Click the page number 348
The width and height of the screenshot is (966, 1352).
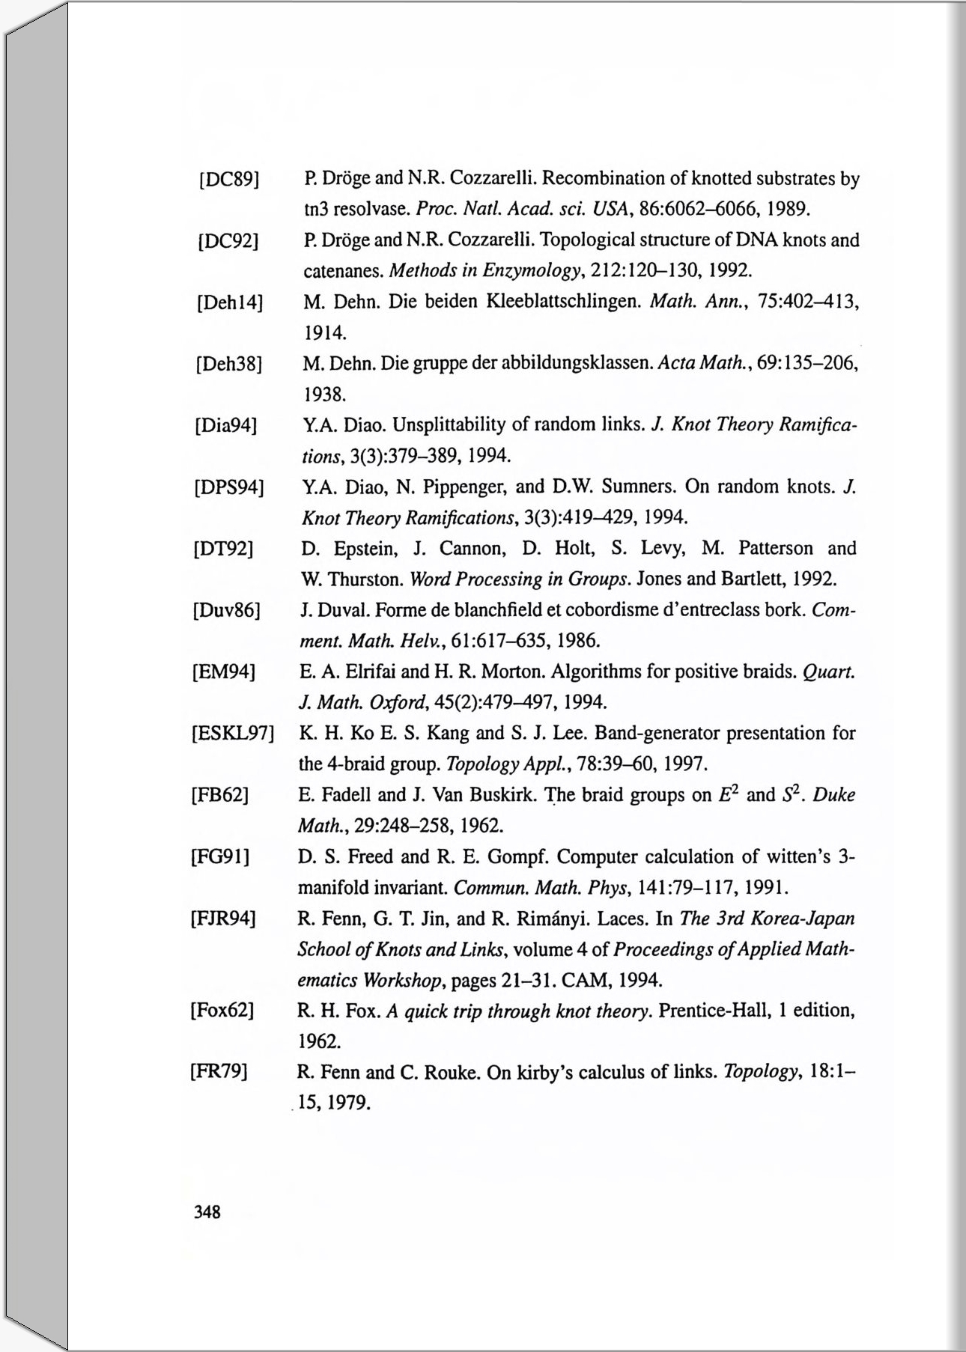click(x=207, y=1211)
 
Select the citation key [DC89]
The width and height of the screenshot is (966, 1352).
click(x=228, y=180)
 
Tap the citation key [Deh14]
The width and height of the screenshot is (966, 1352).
click(x=229, y=303)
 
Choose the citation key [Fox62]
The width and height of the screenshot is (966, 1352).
click(x=222, y=1011)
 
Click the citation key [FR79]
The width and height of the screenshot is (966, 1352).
click(x=219, y=1072)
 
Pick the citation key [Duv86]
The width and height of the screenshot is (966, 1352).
click(x=226, y=611)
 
